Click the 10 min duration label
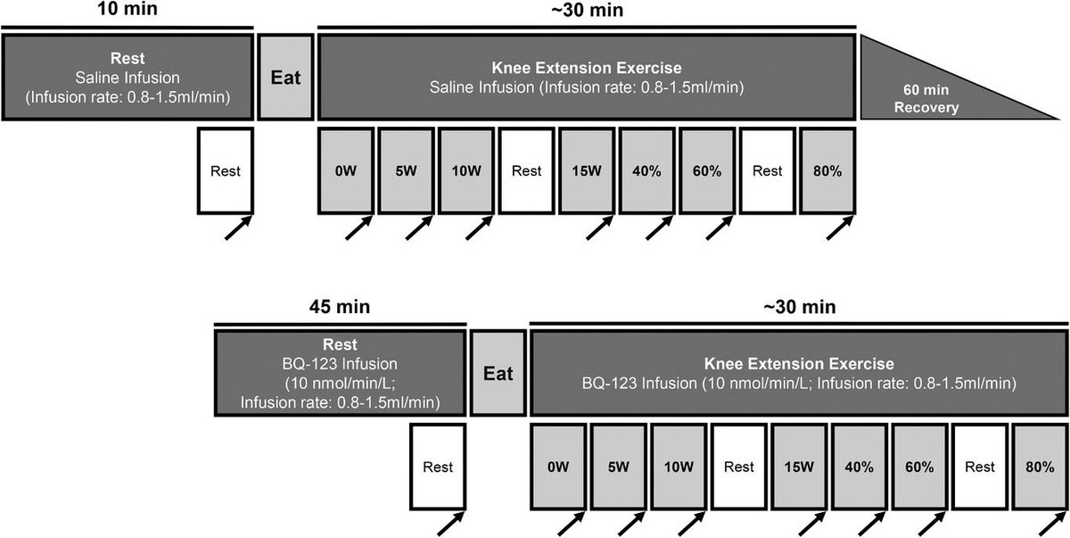(127, 9)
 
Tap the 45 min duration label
(339, 306)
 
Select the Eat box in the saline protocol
(285, 77)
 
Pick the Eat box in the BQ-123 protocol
(498, 373)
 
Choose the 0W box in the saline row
(346, 170)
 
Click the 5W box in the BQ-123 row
(619, 467)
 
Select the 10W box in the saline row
(466, 170)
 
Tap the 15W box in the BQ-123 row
(799, 467)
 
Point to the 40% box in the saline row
(646, 170)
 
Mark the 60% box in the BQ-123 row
(919, 467)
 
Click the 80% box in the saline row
(827, 170)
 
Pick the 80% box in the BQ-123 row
(1040, 467)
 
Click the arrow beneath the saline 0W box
(358, 228)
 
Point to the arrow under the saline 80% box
(840, 228)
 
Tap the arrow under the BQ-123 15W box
(812, 524)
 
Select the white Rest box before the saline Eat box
(226, 170)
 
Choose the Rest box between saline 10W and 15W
(526, 170)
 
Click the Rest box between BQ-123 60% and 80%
(980, 467)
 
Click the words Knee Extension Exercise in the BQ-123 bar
(799, 364)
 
